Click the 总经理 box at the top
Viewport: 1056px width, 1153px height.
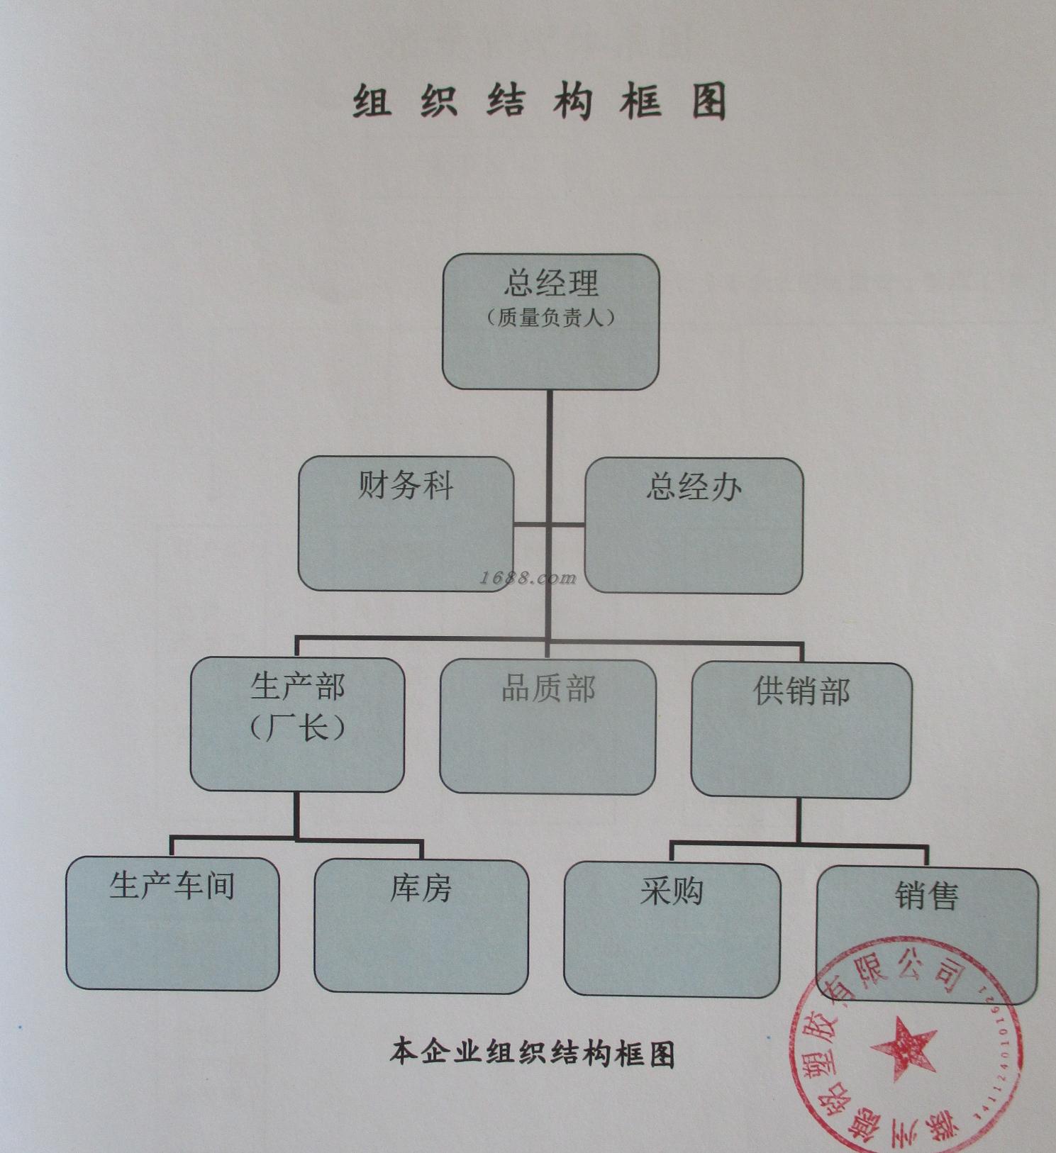[x=551, y=322]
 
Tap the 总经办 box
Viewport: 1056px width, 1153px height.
[x=694, y=525]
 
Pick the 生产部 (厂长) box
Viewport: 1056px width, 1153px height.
[x=297, y=724]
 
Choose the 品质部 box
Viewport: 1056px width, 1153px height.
[x=548, y=726]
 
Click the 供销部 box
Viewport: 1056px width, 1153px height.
[x=801, y=730]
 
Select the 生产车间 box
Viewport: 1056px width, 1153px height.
[x=172, y=923]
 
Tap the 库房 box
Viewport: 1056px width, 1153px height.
[x=421, y=926]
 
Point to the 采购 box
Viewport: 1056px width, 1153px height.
[x=672, y=930]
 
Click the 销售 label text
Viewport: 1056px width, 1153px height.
[x=927, y=896]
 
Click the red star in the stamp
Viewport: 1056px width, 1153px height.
[x=903, y=1048]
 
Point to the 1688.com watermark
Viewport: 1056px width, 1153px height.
[x=528, y=578]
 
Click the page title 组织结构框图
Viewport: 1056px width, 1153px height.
[x=540, y=101]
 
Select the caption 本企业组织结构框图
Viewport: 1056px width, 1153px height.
[x=532, y=1053]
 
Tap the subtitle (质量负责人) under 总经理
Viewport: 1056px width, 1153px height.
[x=551, y=317]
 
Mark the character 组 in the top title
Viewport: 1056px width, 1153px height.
[x=372, y=101]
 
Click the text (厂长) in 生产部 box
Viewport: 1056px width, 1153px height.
[x=297, y=728]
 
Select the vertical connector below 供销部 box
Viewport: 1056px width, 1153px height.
[x=799, y=820]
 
